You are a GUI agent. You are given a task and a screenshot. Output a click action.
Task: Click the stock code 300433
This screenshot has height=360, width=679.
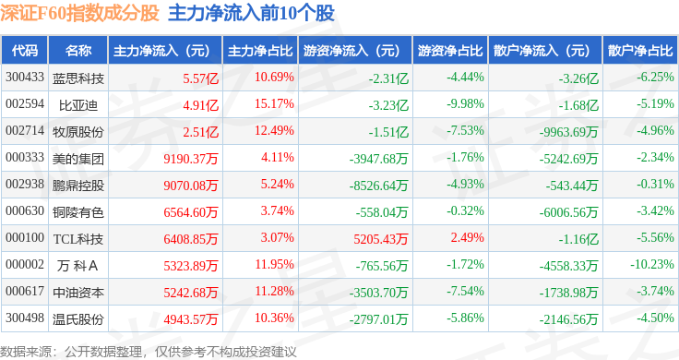point(25,78)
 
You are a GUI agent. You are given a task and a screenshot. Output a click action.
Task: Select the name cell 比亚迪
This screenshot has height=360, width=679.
point(77,105)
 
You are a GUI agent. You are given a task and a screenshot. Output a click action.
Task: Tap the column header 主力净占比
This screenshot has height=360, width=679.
point(260,51)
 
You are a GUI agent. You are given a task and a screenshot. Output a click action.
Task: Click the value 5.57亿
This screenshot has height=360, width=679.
point(200,78)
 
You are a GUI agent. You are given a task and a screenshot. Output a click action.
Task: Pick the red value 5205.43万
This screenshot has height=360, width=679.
point(381,239)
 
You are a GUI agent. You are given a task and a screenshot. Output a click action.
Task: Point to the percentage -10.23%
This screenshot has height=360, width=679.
point(651,264)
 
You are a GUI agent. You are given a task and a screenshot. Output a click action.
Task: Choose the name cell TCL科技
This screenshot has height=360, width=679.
point(77,239)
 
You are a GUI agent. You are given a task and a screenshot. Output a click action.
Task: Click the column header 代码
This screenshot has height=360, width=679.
point(25,51)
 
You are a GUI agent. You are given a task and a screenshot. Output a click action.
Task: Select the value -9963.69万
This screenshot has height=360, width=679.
point(568,132)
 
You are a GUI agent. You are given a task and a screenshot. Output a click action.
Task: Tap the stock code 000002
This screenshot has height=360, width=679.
point(25,264)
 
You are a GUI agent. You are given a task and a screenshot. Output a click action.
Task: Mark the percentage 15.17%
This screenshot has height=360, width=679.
point(274,104)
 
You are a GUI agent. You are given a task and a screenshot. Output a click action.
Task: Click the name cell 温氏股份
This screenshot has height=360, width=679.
point(77,319)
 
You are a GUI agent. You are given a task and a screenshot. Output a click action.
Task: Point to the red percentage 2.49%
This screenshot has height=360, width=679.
point(467,237)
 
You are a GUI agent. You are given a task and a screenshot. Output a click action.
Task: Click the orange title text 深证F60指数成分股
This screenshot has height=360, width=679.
point(79,14)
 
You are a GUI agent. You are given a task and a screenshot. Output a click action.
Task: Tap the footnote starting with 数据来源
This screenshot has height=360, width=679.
point(149,352)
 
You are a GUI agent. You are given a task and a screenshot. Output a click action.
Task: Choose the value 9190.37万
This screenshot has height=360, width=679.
point(191,159)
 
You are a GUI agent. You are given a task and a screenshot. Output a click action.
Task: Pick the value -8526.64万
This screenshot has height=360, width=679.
point(378,186)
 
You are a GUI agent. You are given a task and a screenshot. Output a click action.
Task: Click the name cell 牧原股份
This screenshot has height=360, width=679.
point(77,132)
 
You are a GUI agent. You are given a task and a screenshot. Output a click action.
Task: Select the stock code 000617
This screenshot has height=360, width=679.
point(25,291)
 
